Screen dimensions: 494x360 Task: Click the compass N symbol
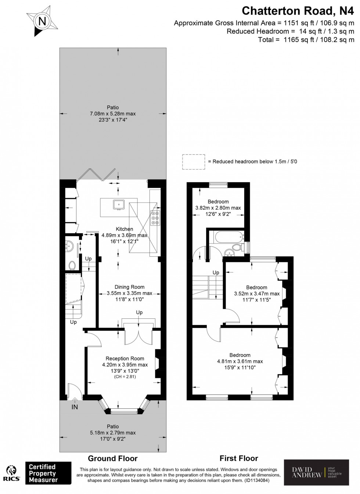(42, 21)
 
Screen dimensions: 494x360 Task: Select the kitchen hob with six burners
(155, 217)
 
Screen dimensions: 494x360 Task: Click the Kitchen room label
(125, 229)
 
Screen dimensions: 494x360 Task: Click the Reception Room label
(125, 358)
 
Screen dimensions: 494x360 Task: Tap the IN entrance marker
(75, 407)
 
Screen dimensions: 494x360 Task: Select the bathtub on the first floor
(226, 238)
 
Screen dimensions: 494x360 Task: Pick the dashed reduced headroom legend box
(194, 162)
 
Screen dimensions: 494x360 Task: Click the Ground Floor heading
(112, 458)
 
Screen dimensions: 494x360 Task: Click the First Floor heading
(239, 458)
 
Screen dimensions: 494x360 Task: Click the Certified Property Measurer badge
(48, 473)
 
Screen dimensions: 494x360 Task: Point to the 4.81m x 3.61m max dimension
(240, 361)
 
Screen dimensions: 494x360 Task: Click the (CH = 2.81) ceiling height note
(125, 376)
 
